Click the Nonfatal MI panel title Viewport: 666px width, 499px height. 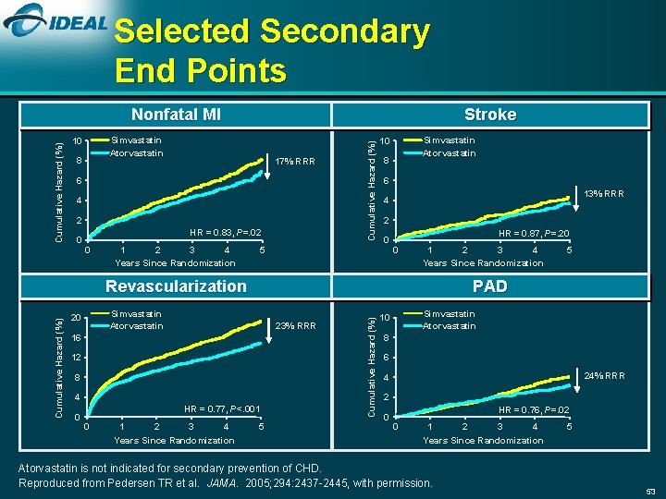tap(176, 115)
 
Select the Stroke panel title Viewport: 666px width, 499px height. tap(489, 115)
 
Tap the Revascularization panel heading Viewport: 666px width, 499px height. tap(176, 286)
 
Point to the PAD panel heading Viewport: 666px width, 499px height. tap(489, 286)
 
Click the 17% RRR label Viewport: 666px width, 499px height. tap(295, 162)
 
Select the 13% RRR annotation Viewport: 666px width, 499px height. tap(605, 194)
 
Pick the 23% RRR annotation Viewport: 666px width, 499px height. tap(296, 325)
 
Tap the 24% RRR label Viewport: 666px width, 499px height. tap(605, 375)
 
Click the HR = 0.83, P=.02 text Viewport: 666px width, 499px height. tap(225, 232)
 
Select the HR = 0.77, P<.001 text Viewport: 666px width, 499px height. tap(222, 408)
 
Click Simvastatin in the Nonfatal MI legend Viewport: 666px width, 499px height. tap(136, 140)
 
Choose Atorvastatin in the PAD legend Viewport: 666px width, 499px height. tap(450, 325)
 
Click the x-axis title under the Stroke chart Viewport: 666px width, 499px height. tap(483, 263)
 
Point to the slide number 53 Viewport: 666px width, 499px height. tap(649, 490)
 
